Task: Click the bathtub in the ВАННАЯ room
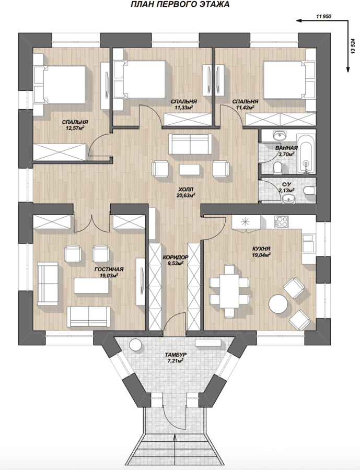306,154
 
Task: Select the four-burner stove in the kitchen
281,222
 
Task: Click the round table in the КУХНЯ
278,303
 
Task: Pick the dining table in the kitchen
229,290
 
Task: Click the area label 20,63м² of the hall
186,195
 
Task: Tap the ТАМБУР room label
174,355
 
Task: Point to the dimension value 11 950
323,17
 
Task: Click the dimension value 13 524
353,45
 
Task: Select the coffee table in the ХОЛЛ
189,169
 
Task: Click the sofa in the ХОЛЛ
190,144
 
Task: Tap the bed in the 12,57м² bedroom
60,85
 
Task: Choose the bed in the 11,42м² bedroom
288,80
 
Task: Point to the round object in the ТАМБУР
135,345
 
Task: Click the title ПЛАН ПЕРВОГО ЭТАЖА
180,4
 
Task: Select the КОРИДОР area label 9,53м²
176,263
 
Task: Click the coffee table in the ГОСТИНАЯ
91,285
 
